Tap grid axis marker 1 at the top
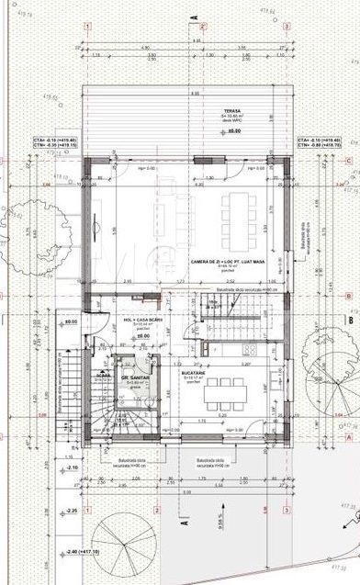[x=86, y=28]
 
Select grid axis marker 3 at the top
[x=287, y=28]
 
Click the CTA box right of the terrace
[x=316, y=142]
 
